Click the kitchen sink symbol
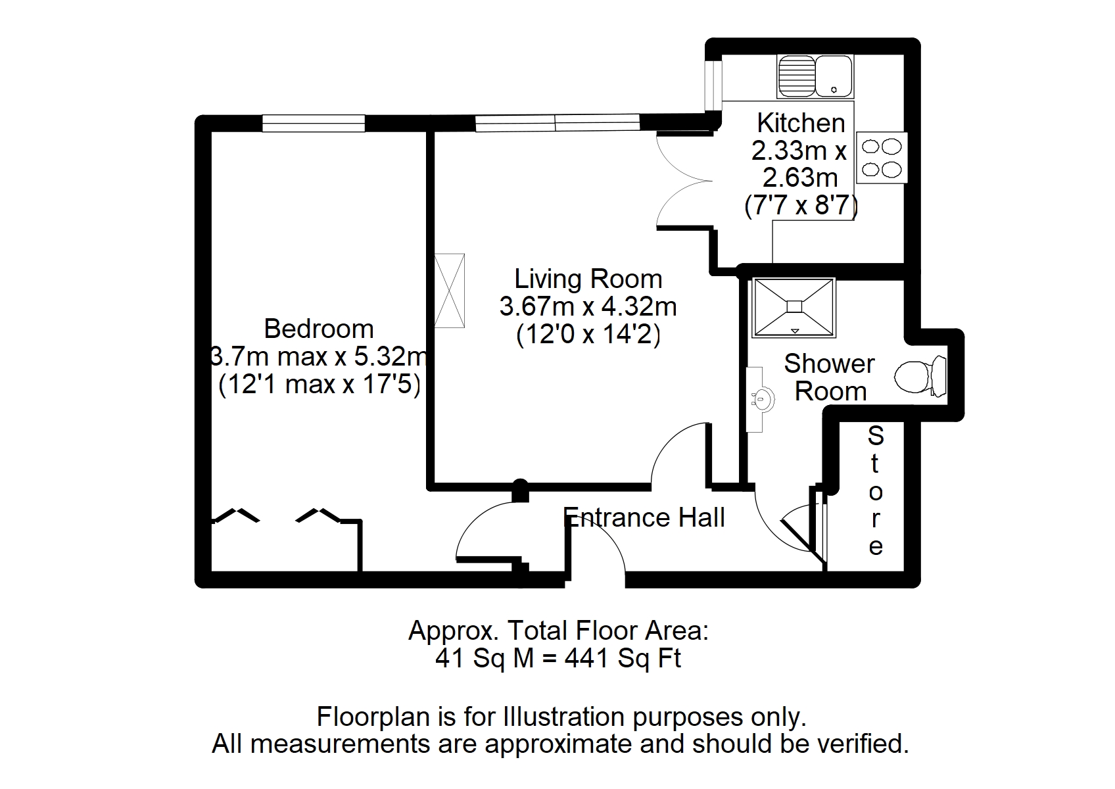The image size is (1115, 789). tap(815, 76)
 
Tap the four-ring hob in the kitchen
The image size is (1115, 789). tap(882, 158)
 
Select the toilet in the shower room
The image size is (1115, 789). tap(920, 377)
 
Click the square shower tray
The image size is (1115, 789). tap(794, 307)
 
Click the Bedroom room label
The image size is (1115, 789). tap(318, 328)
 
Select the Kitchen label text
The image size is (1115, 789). tap(800, 123)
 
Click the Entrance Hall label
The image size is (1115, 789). tap(645, 517)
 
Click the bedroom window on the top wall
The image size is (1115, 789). tap(313, 123)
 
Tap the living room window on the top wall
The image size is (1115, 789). tap(557, 123)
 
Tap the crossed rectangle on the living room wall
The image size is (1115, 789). tap(449, 291)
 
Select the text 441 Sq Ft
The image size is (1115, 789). tap(623, 658)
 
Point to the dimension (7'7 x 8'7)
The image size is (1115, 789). tap(800, 206)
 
